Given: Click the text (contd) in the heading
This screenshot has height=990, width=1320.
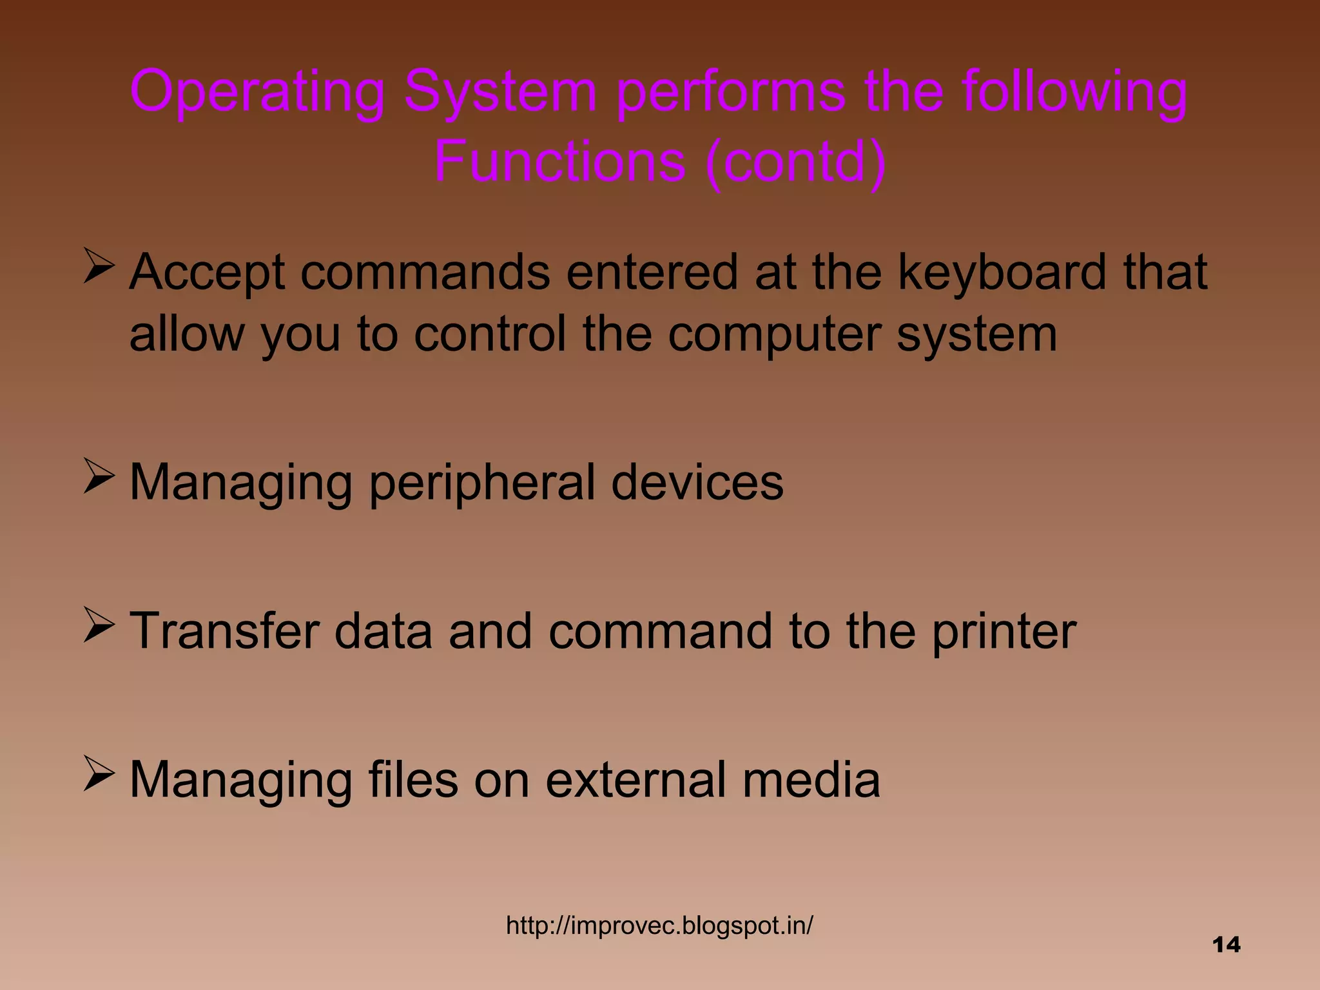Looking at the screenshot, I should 796,162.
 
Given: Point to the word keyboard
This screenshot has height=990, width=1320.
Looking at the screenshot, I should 1002,273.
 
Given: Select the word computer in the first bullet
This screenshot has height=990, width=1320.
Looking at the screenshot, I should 773,335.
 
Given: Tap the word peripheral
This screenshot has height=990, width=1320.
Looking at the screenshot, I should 481,483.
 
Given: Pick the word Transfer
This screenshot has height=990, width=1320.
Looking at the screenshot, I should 224,631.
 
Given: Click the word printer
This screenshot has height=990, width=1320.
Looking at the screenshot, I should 1004,632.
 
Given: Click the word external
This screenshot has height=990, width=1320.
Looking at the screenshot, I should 636,780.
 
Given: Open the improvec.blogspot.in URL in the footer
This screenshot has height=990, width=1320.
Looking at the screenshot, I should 659,926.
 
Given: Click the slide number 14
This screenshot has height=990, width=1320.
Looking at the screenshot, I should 1226,945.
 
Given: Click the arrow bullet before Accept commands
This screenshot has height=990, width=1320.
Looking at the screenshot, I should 99,267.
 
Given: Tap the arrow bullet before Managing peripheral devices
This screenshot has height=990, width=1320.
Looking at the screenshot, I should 99,478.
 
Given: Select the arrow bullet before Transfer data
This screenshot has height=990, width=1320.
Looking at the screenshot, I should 99,626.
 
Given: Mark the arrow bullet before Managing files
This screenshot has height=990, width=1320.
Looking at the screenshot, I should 99,775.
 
